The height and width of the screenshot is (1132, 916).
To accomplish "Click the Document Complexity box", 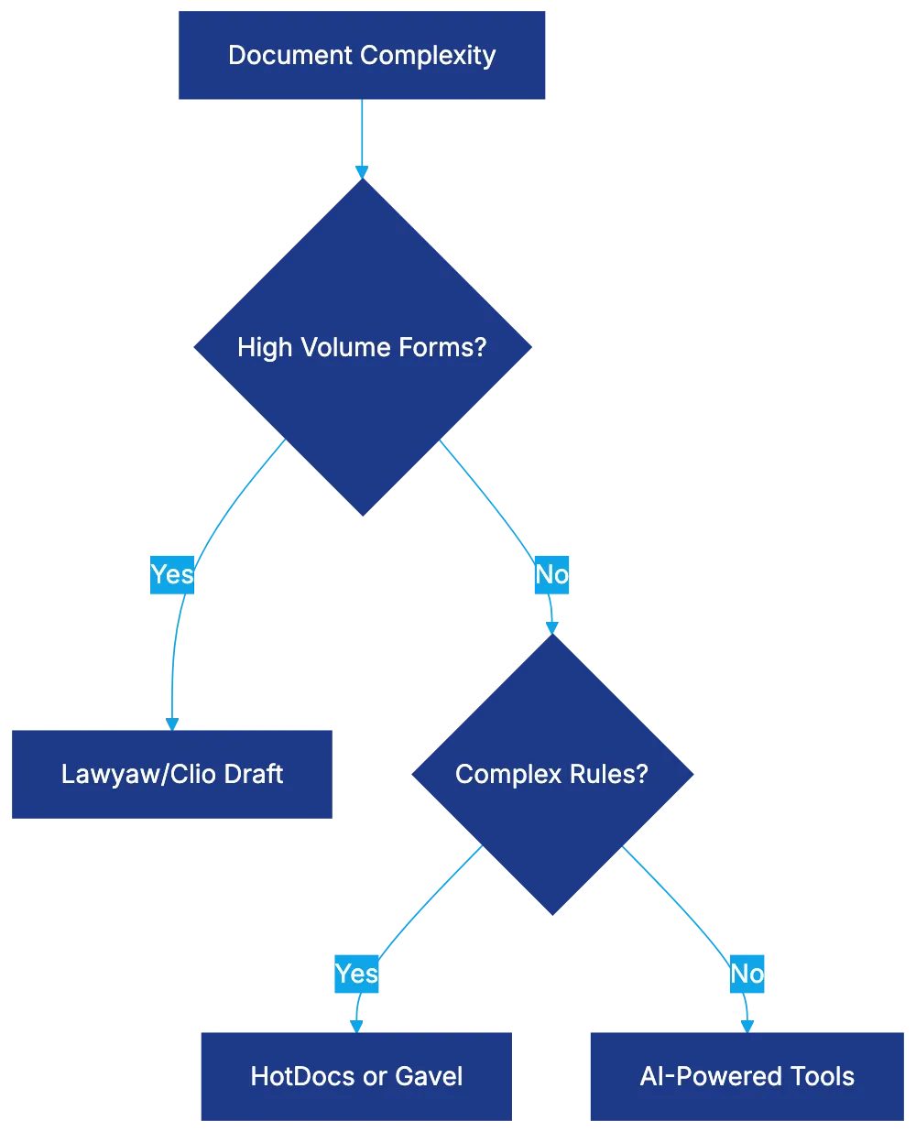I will point(362,55).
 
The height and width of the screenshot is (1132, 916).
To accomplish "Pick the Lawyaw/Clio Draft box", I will point(172,774).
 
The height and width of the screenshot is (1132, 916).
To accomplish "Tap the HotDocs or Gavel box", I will point(356,1075).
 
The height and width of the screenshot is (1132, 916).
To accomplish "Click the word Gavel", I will point(428,1076).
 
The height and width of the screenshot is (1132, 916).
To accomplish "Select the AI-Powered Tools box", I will point(747,1075).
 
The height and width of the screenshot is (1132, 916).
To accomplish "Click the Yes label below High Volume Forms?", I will point(172,574).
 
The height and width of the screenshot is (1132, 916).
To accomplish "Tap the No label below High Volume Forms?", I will point(551,574).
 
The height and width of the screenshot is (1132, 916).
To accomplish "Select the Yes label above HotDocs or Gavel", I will point(356,973).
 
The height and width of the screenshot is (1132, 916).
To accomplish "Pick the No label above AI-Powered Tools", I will point(747,973).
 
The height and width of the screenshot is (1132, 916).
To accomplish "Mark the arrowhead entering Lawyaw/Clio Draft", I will point(171,723).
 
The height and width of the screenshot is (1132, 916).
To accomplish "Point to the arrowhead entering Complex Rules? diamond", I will point(551,627).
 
